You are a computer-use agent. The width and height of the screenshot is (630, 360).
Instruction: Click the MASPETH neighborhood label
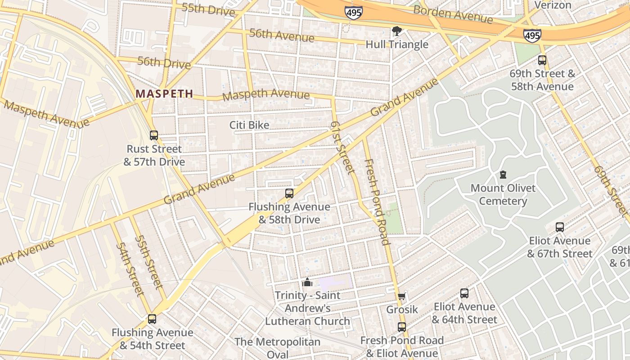coord(164,94)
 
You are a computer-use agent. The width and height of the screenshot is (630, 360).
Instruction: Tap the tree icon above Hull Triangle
coord(396,31)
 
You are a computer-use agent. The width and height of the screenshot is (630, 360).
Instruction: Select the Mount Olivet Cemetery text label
coord(503,194)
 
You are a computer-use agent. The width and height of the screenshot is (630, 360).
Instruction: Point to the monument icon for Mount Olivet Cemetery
coord(503,175)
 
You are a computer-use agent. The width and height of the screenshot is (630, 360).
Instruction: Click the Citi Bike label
coord(249,125)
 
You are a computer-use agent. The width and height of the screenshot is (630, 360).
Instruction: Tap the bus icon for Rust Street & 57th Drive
coord(154,135)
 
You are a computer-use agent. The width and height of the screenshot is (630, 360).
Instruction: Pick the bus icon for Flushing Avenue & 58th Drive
coord(289,193)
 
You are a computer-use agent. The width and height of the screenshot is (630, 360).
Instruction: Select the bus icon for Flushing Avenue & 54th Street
coord(152,319)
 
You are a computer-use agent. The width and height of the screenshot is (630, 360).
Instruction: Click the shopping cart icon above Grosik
coord(402,296)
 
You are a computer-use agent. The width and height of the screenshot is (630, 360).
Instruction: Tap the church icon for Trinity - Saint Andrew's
coord(307,282)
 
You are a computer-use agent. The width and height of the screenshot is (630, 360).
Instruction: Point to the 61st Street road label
coord(342,147)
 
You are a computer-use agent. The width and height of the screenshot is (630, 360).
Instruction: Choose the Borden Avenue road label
coord(453,14)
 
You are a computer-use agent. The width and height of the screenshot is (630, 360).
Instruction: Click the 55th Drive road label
coord(208,9)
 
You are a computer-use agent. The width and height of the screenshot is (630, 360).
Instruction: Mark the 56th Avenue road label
coord(282,35)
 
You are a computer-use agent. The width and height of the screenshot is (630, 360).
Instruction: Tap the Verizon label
coord(553,5)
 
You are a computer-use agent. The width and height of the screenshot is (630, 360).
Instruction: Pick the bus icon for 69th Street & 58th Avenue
coord(542,60)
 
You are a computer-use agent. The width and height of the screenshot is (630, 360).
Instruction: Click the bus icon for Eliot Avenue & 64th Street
coord(464,293)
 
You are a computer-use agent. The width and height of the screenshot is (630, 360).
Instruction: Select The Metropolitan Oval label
coord(277,348)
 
